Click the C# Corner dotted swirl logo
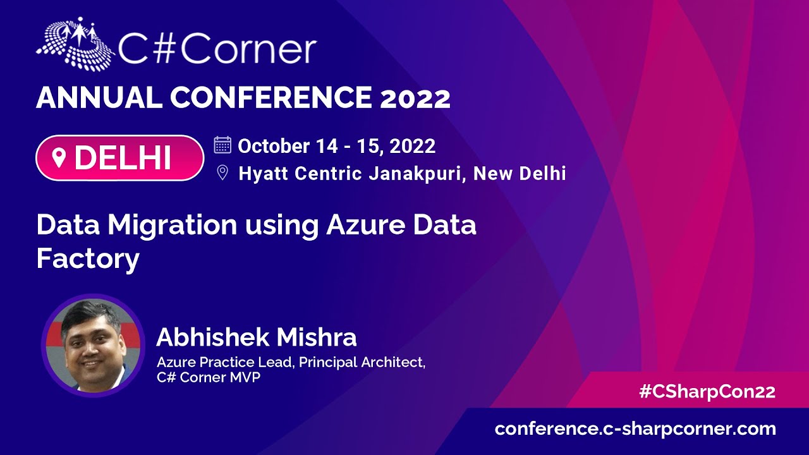(x=75, y=44)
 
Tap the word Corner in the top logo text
(x=249, y=49)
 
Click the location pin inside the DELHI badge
(x=59, y=158)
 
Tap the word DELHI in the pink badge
(x=123, y=158)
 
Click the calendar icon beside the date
(x=222, y=145)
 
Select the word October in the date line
(x=274, y=146)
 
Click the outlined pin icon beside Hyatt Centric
(x=222, y=173)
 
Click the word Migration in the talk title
(x=173, y=226)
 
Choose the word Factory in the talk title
(x=88, y=259)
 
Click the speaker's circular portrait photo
(x=93, y=346)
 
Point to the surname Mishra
(x=317, y=337)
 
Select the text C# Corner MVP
(x=209, y=377)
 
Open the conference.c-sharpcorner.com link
(x=635, y=429)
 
